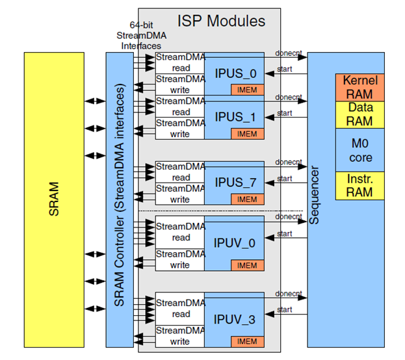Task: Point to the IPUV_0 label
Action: pos(233,242)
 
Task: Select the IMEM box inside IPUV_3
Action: pos(247,341)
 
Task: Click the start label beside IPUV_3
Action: pos(285,310)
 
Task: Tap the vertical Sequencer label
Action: pos(315,195)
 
